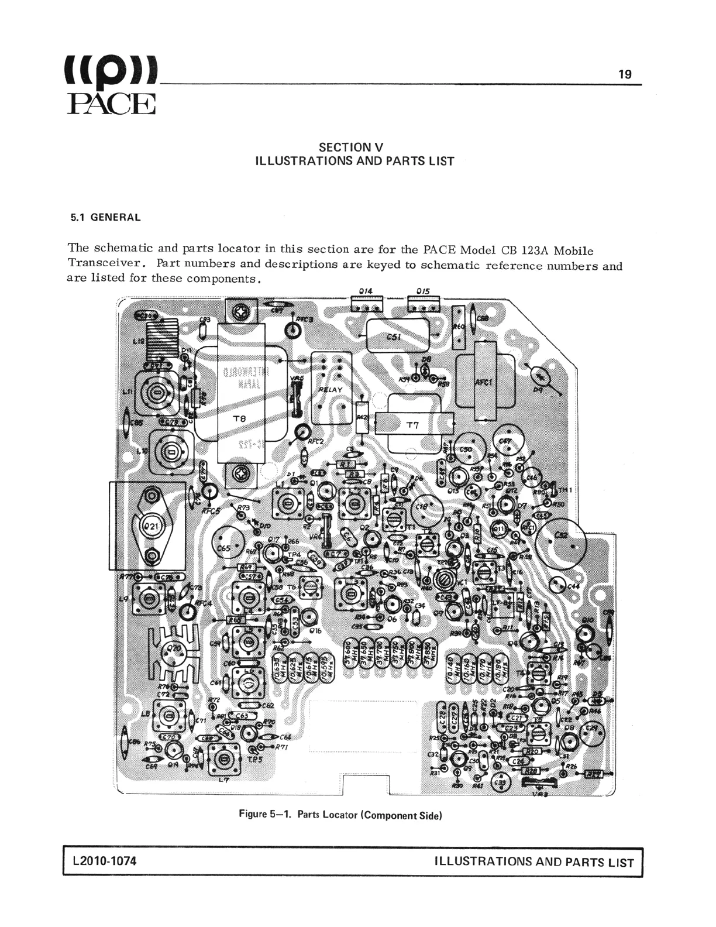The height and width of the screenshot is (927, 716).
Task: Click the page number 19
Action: (x=625, y=74)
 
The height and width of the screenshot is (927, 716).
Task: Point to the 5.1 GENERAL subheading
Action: (x=106, y=218)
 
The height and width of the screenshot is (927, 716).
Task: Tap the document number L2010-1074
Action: (x=105, y=861)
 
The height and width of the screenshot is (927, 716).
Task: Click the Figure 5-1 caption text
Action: (x=340, y=814)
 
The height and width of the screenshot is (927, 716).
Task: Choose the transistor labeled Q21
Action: (x=152, y=526)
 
